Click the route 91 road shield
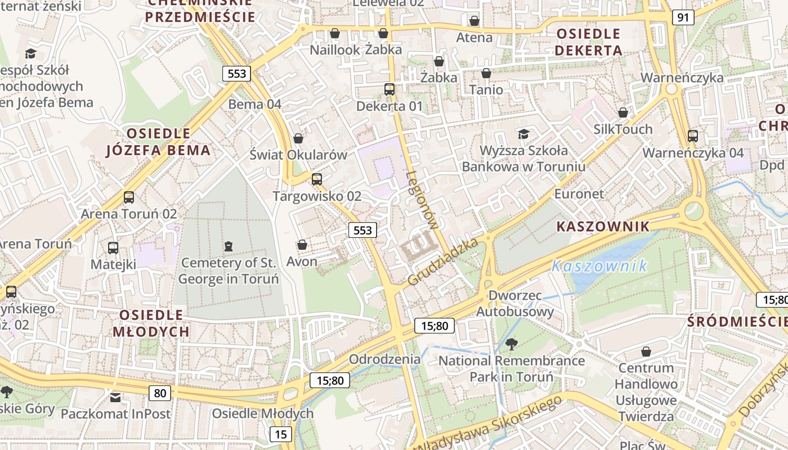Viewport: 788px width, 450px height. pyautogui.click(x=683, y=17)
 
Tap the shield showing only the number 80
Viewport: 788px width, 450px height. pyautogui.click(x=160, y=393)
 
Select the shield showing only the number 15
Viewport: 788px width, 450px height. pyautogui.click(x=280, y=434)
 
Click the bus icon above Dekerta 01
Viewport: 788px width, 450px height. pyautogui.click(x=389, y=89)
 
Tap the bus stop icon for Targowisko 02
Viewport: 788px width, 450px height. pyautogui.click(x=317, y=179)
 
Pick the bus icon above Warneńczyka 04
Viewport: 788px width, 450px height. pyautogui.click(x=693, y=136)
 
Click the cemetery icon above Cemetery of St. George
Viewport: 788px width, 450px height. pyautogui.click(x=228, y=246)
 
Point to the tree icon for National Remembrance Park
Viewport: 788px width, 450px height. pyautogui.click(x=511, y=344)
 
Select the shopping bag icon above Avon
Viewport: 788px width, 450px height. pyautogui.click(x=302, y=245)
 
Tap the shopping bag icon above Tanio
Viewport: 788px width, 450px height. pyautogui.click(x=486, y=73)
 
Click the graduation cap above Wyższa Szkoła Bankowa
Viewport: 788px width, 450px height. pyautogui.click(x=523, y=134)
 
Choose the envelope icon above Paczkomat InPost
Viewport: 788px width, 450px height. pyautogui.click(x=115, y=398)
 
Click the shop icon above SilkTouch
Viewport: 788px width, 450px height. pyautogui.click(x=623, y=112)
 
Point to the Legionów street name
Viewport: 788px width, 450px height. pyautogui.click(x=422, y=200)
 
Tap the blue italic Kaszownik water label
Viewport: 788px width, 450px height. pyautogui.click(x=599, y=266)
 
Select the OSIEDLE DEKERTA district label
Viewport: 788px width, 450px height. pyautogui.click(x=588, y=42)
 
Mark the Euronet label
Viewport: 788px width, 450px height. pyautogui.click(x=579, y=194)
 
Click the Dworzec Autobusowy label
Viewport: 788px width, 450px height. pyautogui.click(x=515, y=303)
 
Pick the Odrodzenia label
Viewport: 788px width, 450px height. pyautogui.click(x=384, y=359)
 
